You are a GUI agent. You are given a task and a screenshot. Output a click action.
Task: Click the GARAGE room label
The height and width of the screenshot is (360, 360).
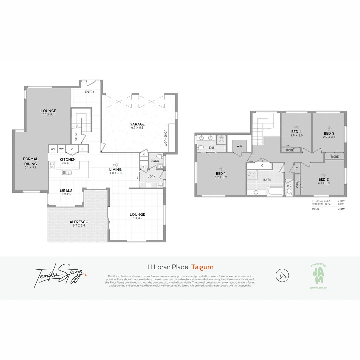(x=137, y=124)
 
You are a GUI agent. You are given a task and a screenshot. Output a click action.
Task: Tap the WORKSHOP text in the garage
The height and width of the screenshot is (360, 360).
(x=165, y=138)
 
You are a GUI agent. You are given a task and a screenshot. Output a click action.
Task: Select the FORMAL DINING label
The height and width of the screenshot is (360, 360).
(x=31, y=161)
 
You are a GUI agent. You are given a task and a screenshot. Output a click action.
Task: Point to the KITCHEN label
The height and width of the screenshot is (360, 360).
(x=68, y=159)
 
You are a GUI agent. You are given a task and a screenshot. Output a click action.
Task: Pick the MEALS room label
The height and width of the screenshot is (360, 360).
(x=66, y=191)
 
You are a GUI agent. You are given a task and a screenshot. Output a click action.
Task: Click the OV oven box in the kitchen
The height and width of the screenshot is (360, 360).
(x=53, y=149)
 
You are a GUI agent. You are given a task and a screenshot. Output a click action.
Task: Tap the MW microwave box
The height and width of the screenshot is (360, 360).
(x=61, y=149)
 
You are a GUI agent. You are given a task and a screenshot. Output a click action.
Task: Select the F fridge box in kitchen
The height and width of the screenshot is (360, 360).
(x=83, y=149)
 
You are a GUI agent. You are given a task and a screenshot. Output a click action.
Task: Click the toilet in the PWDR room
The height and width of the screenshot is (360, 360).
(x=159, y=156)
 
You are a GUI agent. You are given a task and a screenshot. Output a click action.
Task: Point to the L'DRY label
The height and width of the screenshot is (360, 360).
(x=152, y=176)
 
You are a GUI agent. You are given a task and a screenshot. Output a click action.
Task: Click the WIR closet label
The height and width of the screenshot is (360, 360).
(x=239, y=146)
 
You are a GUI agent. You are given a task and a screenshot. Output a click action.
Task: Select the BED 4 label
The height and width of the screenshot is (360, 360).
(x=296, y=131)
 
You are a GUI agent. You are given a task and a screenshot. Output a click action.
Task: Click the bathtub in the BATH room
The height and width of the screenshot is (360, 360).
(x=275, y=191)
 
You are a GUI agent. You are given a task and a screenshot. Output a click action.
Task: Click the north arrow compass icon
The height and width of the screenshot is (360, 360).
(x=282, y=276)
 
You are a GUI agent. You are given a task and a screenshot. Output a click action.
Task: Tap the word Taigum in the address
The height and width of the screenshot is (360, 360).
(x=202, y=267)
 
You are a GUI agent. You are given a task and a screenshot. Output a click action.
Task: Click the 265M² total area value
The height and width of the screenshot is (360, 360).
(x=340, y=209)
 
